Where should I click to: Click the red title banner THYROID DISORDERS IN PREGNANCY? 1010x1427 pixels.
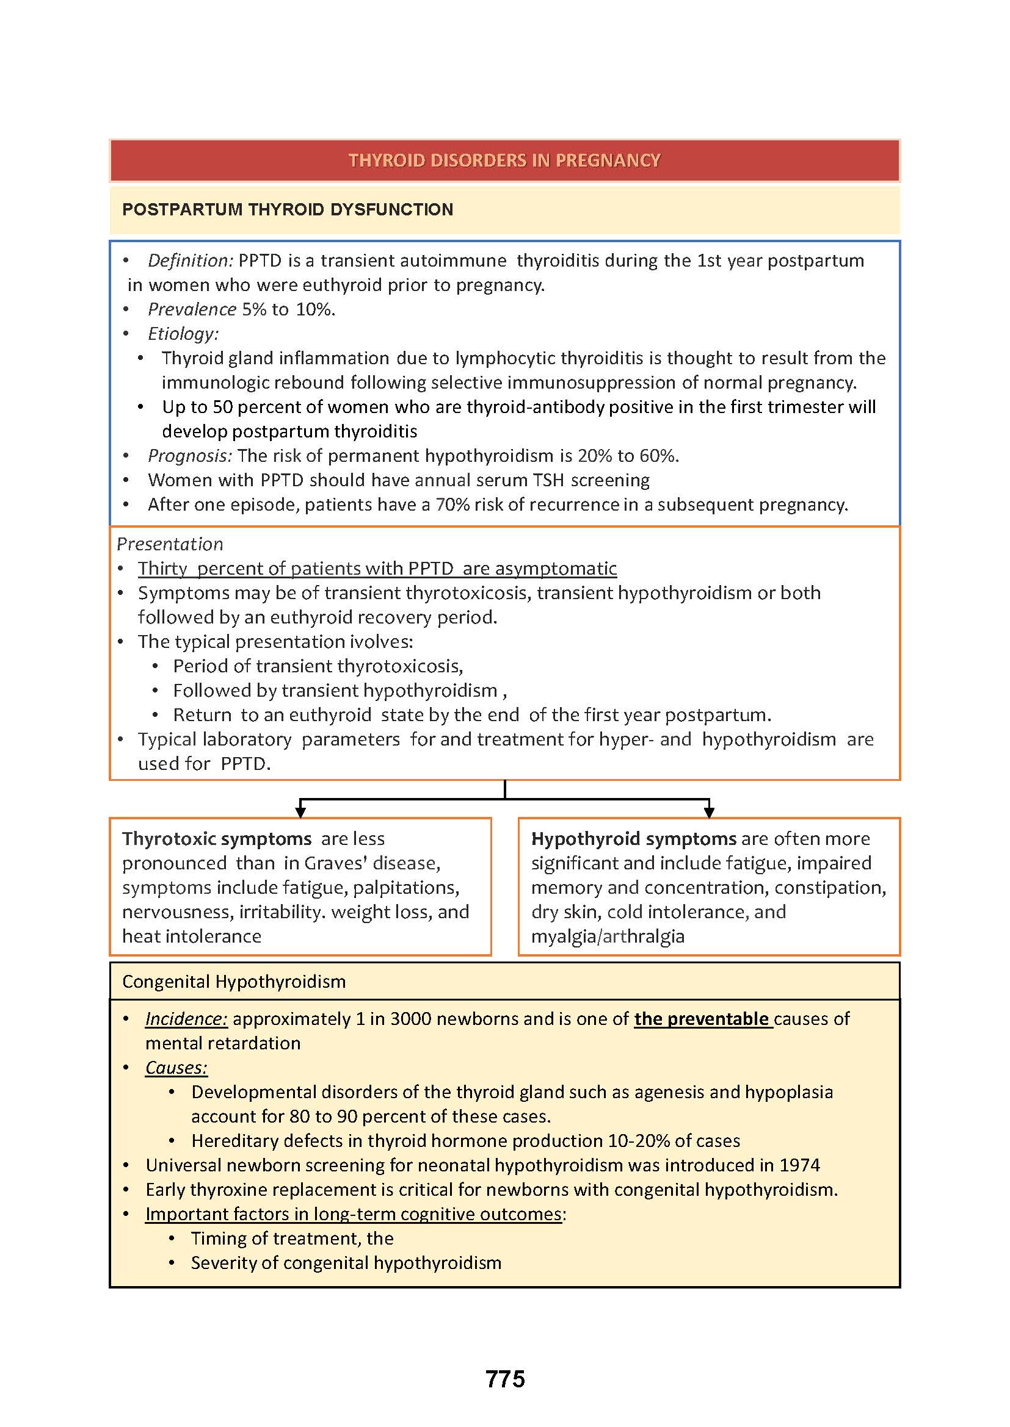504,160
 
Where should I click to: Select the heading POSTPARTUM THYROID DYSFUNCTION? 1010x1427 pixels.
288,209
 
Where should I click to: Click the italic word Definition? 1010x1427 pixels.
190,261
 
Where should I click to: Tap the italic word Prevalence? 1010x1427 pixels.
192,309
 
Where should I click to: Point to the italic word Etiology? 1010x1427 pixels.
183,334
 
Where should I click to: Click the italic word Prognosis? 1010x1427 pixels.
190,456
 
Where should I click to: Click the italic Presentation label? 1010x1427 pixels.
170,544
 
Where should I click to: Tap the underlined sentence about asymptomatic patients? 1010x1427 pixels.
377,568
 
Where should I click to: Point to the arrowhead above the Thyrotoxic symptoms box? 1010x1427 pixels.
300,811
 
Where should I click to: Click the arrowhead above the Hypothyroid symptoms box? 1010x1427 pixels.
708,811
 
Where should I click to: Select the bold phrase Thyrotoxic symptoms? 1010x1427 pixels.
216,838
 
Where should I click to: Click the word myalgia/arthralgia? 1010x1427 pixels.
607,936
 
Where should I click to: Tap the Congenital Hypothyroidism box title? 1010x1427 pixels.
234,982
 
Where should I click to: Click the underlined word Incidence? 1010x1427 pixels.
186,1019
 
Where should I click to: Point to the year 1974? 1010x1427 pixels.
800,1165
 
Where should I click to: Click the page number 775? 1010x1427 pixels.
505,1379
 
